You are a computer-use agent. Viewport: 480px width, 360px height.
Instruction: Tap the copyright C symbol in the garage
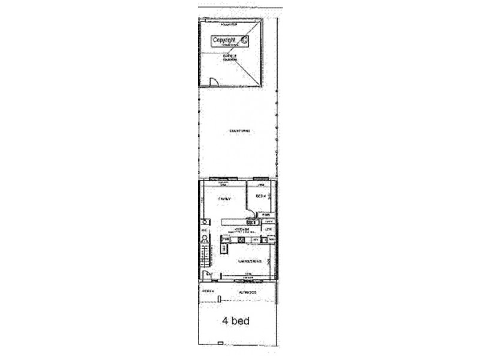click(x=244, y=40)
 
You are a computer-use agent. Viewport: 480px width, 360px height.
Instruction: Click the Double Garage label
click(x=230, y=58)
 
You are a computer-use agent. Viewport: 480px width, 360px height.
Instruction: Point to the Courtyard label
click(x=239, y=131)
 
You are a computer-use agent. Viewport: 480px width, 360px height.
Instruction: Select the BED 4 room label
click(x=261, y=196)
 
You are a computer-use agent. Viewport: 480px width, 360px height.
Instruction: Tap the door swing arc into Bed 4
click(x=250, y=210)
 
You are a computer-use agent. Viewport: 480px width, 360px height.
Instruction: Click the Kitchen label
click(x=241, y=229)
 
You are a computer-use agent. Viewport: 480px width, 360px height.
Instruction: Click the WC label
click(x=204, y=230)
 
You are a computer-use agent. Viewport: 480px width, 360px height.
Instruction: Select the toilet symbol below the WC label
click(x=204, y=238)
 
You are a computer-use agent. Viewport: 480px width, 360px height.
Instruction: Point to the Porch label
click(x=208, y=291)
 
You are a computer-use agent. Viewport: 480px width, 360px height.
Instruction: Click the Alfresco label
click(x=247, y=291)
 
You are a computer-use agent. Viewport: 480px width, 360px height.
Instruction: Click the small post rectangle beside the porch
click(x=220, y=298)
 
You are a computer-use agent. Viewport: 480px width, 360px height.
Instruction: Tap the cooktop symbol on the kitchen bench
click(x=241, y=241)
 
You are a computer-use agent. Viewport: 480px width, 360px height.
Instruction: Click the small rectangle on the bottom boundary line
click(x=221, y=344)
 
